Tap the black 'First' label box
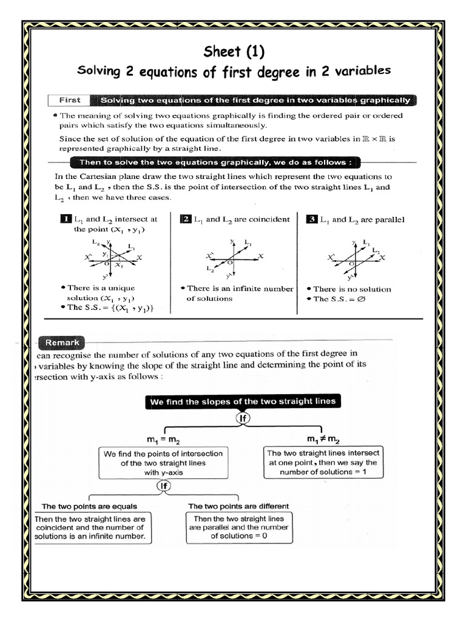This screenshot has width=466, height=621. tap(69, 100)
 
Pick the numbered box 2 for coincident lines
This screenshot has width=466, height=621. tap(186, 219)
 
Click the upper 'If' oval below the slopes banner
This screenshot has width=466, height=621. tap(242, 418)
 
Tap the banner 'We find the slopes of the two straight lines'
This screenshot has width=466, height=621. tap(242, 401)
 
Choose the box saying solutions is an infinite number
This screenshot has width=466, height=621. tap(90, 528)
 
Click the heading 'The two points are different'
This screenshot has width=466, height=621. tap(238, 506)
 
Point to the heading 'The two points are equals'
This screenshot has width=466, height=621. tap(89, 506)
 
